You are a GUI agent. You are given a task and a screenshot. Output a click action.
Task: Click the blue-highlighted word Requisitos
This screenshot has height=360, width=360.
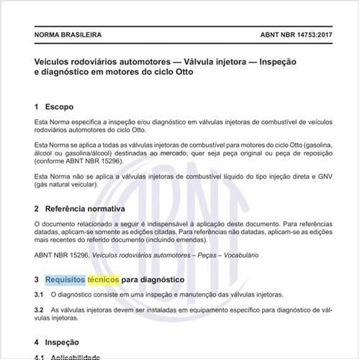(x=64, y=279)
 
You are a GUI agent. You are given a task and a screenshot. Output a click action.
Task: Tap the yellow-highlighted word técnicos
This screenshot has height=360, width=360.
(x=103, y=279)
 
